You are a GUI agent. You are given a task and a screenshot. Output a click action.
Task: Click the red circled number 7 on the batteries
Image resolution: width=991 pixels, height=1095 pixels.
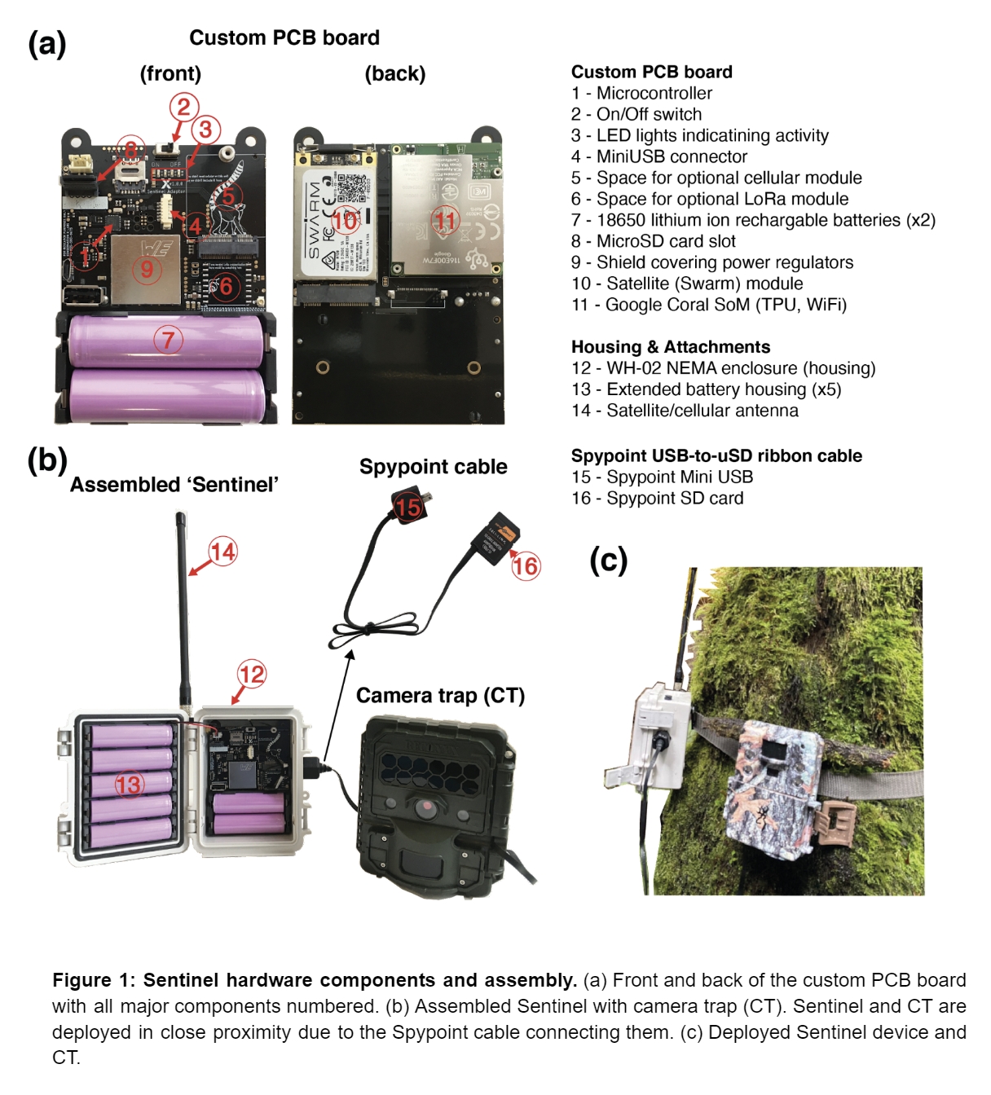tap(168, 339)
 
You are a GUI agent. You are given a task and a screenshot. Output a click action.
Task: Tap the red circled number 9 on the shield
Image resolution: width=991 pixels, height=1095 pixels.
tap(147, 269)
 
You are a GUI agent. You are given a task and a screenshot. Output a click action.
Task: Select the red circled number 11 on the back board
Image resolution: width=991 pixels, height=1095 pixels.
tap(445, 220)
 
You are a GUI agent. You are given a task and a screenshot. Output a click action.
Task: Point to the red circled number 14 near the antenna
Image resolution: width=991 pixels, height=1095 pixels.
tap(222, 552)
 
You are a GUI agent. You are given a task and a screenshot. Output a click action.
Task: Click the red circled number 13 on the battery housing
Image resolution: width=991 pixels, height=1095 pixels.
tap(129, 785)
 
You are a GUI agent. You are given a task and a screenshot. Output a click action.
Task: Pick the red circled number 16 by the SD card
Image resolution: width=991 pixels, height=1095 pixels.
tap(525, 565)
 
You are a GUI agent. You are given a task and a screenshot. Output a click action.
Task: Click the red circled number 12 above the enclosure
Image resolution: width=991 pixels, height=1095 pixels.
tap(252, 674)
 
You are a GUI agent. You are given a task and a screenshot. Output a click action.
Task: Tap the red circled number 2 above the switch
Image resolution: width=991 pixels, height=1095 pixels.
tap(183, 107)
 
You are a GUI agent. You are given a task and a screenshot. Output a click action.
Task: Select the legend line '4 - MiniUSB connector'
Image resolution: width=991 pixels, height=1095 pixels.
tap(658, 156)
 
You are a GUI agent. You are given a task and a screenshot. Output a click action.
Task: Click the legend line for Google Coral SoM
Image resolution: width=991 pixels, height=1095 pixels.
tap(708, 305)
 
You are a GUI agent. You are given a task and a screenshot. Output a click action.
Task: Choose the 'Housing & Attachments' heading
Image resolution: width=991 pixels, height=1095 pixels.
tap(670, 347)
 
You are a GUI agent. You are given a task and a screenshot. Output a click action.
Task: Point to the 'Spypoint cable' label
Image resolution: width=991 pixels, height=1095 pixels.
tap(433, 467)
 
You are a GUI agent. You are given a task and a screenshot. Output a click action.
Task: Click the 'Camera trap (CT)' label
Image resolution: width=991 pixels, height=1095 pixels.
tap(440, 696)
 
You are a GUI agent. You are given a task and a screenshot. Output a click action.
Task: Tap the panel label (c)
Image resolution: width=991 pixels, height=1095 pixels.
tap(608, 560)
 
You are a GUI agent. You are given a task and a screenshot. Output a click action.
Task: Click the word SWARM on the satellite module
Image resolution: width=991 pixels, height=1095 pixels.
tap(315, 219)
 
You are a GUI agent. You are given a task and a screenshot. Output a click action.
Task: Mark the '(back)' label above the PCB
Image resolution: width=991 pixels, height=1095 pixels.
tap(394, 74)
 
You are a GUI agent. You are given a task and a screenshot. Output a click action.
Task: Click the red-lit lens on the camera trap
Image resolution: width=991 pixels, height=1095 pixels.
tap(426, 807)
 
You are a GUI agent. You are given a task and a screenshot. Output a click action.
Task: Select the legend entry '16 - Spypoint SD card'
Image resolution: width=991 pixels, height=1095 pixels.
tap(657, 498)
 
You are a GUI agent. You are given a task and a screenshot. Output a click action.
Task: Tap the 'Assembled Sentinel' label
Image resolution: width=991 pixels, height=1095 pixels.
tap(174, 485)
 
